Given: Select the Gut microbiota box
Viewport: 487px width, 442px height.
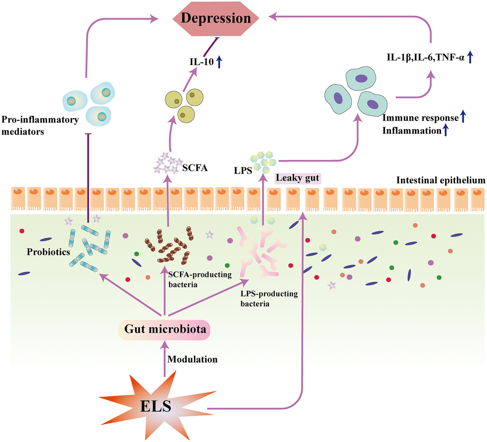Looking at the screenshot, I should pyautogui.click(x=165, y=330).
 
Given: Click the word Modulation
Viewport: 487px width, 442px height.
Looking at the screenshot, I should pyautogui.click(x=193, y=359).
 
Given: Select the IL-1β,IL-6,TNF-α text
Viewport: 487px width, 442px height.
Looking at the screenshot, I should pyautogui.click(x=425, y=59).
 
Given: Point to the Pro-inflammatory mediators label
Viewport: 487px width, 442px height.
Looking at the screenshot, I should pyautogui.click(x=40, y=125).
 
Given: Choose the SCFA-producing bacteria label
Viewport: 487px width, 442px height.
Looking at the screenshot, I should pyautogui.click(x=200, y=279).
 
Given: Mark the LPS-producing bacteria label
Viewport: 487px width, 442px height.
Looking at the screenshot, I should pyautogui.click(x=269, y=298).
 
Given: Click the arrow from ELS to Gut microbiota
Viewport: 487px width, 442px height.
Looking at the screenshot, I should pyautogui.click(x=164, y=358).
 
